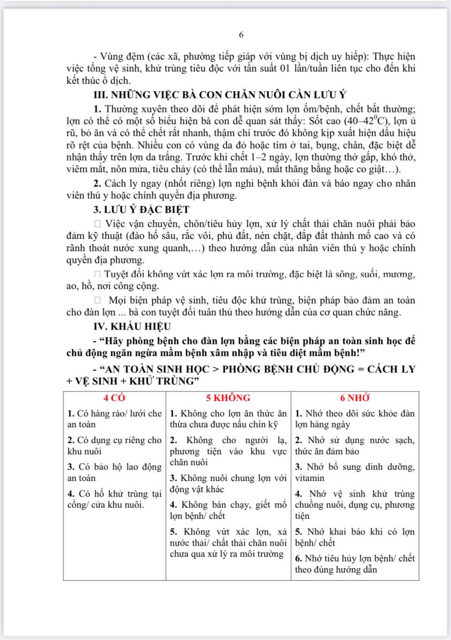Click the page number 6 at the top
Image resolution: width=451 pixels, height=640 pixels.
[241, 35]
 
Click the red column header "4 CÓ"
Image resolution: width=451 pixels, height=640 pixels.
[114, 398]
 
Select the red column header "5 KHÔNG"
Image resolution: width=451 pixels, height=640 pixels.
[228, 398]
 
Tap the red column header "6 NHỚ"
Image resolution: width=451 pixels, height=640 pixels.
[355, 398]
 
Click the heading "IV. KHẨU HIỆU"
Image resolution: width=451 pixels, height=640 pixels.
[125, 326]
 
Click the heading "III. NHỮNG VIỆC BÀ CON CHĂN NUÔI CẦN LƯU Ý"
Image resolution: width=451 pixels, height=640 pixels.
[220, 95]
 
